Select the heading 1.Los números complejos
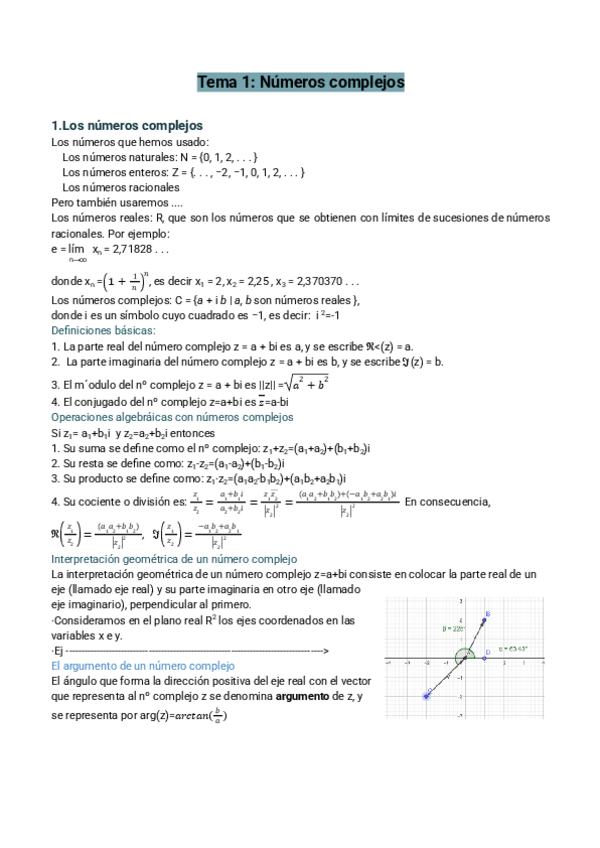coord(127,126)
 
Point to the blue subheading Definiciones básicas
coord(103,329)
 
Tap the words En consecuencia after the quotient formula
coord(448,500)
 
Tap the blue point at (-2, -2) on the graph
coord(427,695)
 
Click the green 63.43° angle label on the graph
coord(516,649)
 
